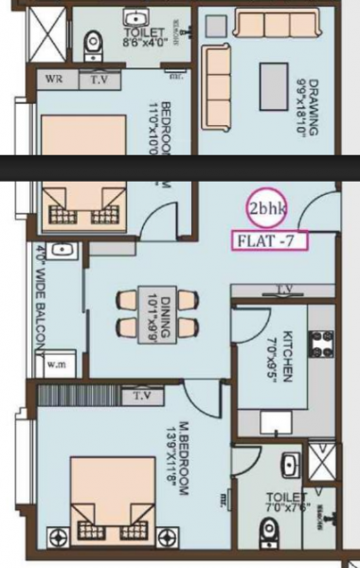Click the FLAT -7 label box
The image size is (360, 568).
[269, 240]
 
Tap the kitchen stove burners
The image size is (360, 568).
[321, 343]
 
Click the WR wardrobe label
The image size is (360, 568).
[54, 80]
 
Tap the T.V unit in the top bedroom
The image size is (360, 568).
[99, 80]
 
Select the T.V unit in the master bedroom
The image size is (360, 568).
[142, 395]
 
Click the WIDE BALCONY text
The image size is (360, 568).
[41, 298]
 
